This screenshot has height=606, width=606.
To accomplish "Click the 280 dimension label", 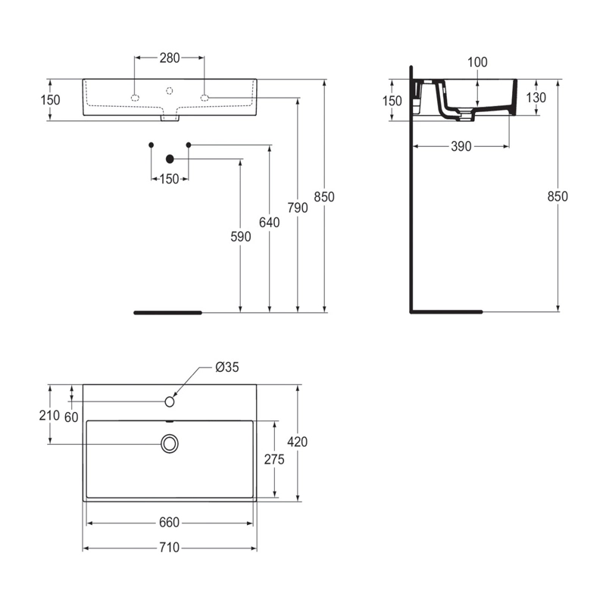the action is point(170,58).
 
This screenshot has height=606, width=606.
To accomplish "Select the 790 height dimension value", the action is point(298,208).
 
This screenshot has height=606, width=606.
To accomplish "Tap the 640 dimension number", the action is point(270,222).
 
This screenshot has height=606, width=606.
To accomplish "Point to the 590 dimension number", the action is point(241,236).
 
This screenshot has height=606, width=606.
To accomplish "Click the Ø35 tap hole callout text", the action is point(227,367).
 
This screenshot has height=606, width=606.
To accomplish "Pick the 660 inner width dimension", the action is point(169,523).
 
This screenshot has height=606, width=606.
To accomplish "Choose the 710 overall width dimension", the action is point(169,548).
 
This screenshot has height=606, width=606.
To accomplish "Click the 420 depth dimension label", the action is point(298,442).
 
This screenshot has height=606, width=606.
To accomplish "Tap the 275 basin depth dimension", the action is point(274,459).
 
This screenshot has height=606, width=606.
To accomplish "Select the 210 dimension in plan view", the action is point(49,415).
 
